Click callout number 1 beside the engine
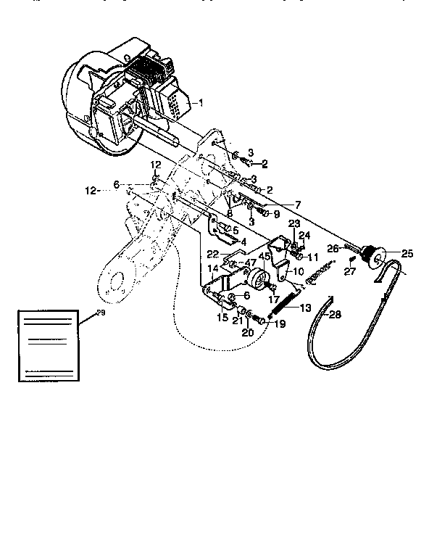pyautogui.click(x=202, y=103)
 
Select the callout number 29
pyautogui.click(x=100, y=313)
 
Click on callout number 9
pyautogui.click(x=276, y=215)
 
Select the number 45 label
pyautogui.click(x=265, y=255)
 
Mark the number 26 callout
pyautogui.click(x=333, y=248)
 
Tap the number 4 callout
pyautogui.click(x=243, y=242)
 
